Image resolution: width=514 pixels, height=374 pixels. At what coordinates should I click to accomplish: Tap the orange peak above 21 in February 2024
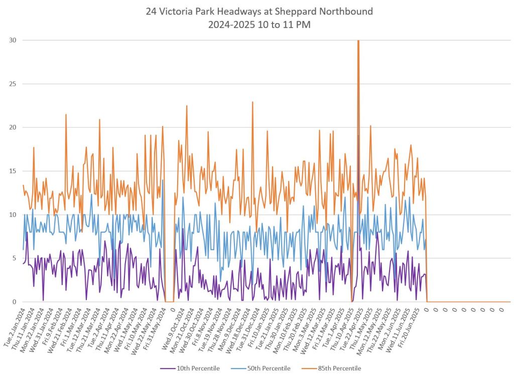[x=66, y=115]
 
